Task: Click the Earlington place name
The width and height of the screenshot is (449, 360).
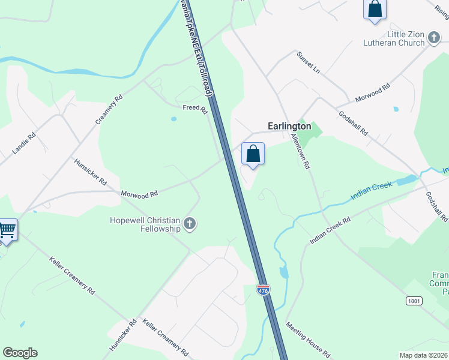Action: [x=289, y=127]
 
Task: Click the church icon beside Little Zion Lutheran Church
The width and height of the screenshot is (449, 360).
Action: [x=434, y=39]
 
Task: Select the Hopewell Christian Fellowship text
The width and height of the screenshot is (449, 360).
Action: [x=145, y=224]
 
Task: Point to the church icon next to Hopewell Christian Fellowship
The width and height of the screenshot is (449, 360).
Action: [x=190, y=224]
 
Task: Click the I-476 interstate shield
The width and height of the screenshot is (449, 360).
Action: [x=263, y=290]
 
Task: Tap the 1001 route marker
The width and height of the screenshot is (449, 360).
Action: [x=413, y=299]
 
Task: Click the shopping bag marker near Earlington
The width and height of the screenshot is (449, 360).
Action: [x=253, y=154]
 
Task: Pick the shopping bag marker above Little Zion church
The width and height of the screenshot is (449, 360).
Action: [x=375, y=9]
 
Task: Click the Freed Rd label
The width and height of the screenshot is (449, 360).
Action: [x=195, y=110]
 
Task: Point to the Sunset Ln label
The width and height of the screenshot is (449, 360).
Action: [x=309, y=62]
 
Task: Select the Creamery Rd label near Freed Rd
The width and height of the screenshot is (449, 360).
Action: [x=109, y=109]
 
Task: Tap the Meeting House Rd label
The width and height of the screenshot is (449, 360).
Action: [x=308, y=340]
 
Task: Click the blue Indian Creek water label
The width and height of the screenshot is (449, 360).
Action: [x=372, y=190]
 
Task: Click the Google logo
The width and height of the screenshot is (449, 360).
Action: [x=20, y=353]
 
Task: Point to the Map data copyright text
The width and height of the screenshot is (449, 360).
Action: [x=424, y=355]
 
